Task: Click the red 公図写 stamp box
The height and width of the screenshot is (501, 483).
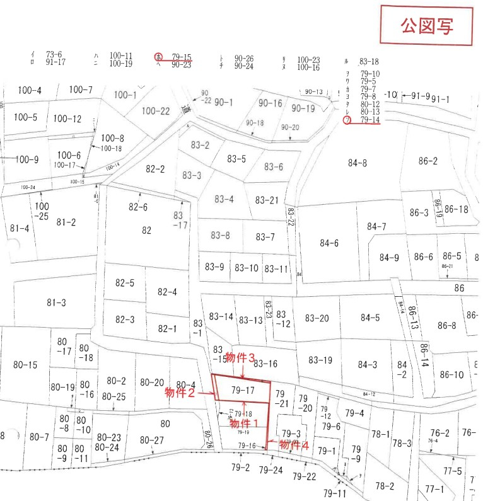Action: click(x=426, y=26)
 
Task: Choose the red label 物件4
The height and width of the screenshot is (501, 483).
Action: click(x=294, y=445)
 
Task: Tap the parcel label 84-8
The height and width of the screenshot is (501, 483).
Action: click(x=357, y=163)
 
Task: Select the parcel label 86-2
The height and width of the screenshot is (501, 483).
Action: click(x=428, y=161)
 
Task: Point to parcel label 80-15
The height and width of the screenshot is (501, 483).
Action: click(x=25, y=364)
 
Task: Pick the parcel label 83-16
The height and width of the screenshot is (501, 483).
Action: click(x=265, y=363)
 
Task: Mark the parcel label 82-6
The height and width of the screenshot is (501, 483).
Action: click(x=138, y=207)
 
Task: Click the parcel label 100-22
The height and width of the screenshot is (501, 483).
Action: click(x=156, y=111)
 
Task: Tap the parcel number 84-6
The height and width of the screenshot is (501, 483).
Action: click(x=329, y=243)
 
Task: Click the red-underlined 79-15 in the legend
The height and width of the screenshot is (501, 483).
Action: click(x=182, y=56)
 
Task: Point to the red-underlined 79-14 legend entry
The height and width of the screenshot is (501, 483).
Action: click(x=370, y=119)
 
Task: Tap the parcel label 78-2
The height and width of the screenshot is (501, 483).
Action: click(x=384, y=486)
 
